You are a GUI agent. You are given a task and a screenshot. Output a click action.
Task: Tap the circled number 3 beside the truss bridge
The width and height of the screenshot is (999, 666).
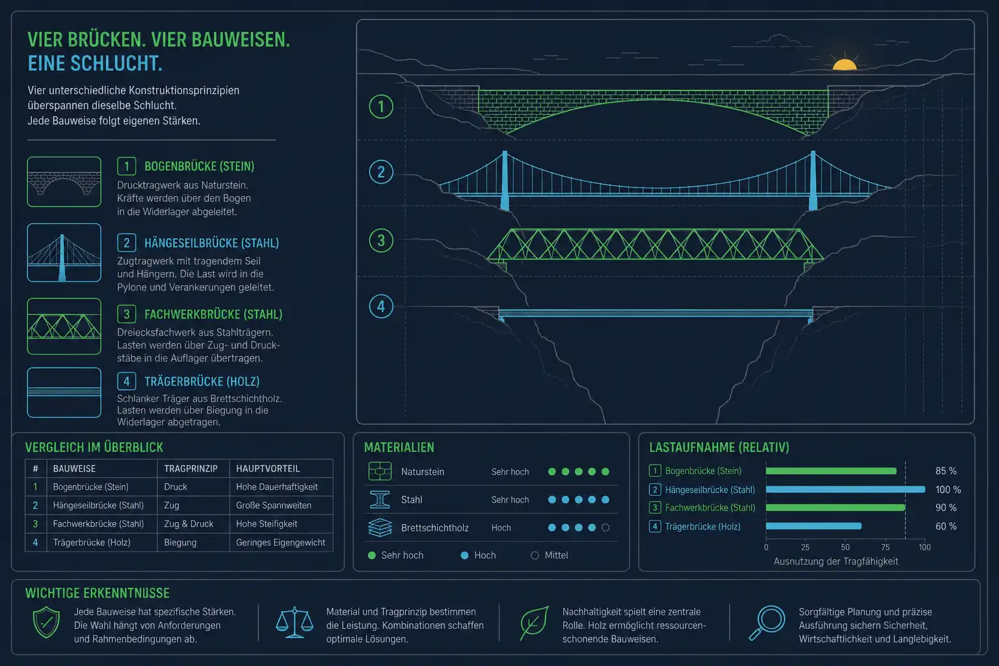point(381,241)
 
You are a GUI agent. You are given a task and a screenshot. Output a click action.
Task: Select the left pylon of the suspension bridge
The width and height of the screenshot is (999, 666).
point(505,180)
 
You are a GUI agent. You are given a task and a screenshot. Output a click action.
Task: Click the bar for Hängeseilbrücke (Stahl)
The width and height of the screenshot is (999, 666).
point(845,489)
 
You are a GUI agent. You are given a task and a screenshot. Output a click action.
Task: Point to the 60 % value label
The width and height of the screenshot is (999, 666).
point(946,526)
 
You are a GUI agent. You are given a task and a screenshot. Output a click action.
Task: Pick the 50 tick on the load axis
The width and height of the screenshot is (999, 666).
point(845,548)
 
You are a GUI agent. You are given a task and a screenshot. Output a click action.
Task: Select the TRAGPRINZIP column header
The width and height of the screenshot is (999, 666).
point(191,468)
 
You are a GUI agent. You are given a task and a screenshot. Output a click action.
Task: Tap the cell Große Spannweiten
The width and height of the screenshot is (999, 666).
point(274,505)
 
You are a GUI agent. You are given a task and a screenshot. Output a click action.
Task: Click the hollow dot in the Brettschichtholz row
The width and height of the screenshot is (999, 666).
point(606,527)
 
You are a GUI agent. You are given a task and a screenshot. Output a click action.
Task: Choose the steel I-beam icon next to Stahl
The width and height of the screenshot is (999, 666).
point(380,499)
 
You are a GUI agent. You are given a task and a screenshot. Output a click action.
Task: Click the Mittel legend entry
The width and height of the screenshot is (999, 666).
point(550,555)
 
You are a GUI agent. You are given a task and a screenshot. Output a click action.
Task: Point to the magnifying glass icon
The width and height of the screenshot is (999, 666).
point(767,622)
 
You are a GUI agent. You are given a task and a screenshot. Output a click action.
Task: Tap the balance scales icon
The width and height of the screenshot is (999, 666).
point(295,622)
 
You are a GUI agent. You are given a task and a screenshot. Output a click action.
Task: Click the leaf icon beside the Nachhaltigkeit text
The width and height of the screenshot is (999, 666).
point(534,622)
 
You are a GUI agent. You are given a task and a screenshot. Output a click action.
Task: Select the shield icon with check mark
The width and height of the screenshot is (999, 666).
point(46,622)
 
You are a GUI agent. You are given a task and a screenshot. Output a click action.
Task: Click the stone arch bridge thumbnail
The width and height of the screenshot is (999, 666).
point(64,181)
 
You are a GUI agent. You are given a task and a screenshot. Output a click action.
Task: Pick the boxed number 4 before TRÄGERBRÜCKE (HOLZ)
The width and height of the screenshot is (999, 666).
point(127,381)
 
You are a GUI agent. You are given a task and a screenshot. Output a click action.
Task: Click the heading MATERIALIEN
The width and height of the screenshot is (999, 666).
point(399,447)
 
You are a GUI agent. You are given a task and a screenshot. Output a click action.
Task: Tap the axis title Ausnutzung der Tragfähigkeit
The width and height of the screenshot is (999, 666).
point(836,562)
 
